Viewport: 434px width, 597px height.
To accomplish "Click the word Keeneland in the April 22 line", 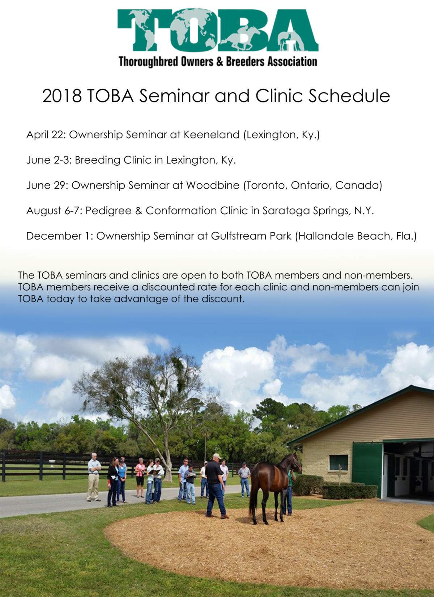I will click(212, 135).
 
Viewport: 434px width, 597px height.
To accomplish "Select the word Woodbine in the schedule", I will click(213, 186).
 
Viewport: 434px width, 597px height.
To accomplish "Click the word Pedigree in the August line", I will click(109, 211).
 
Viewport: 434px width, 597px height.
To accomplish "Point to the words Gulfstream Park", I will click(251, 236).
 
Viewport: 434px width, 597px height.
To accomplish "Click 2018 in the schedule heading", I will click(62, 96).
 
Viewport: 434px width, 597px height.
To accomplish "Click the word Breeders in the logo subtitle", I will click(245, 62).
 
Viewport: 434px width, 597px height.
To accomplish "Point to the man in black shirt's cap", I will click(217, 456).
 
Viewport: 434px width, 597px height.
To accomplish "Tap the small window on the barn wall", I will click(339, 463).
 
